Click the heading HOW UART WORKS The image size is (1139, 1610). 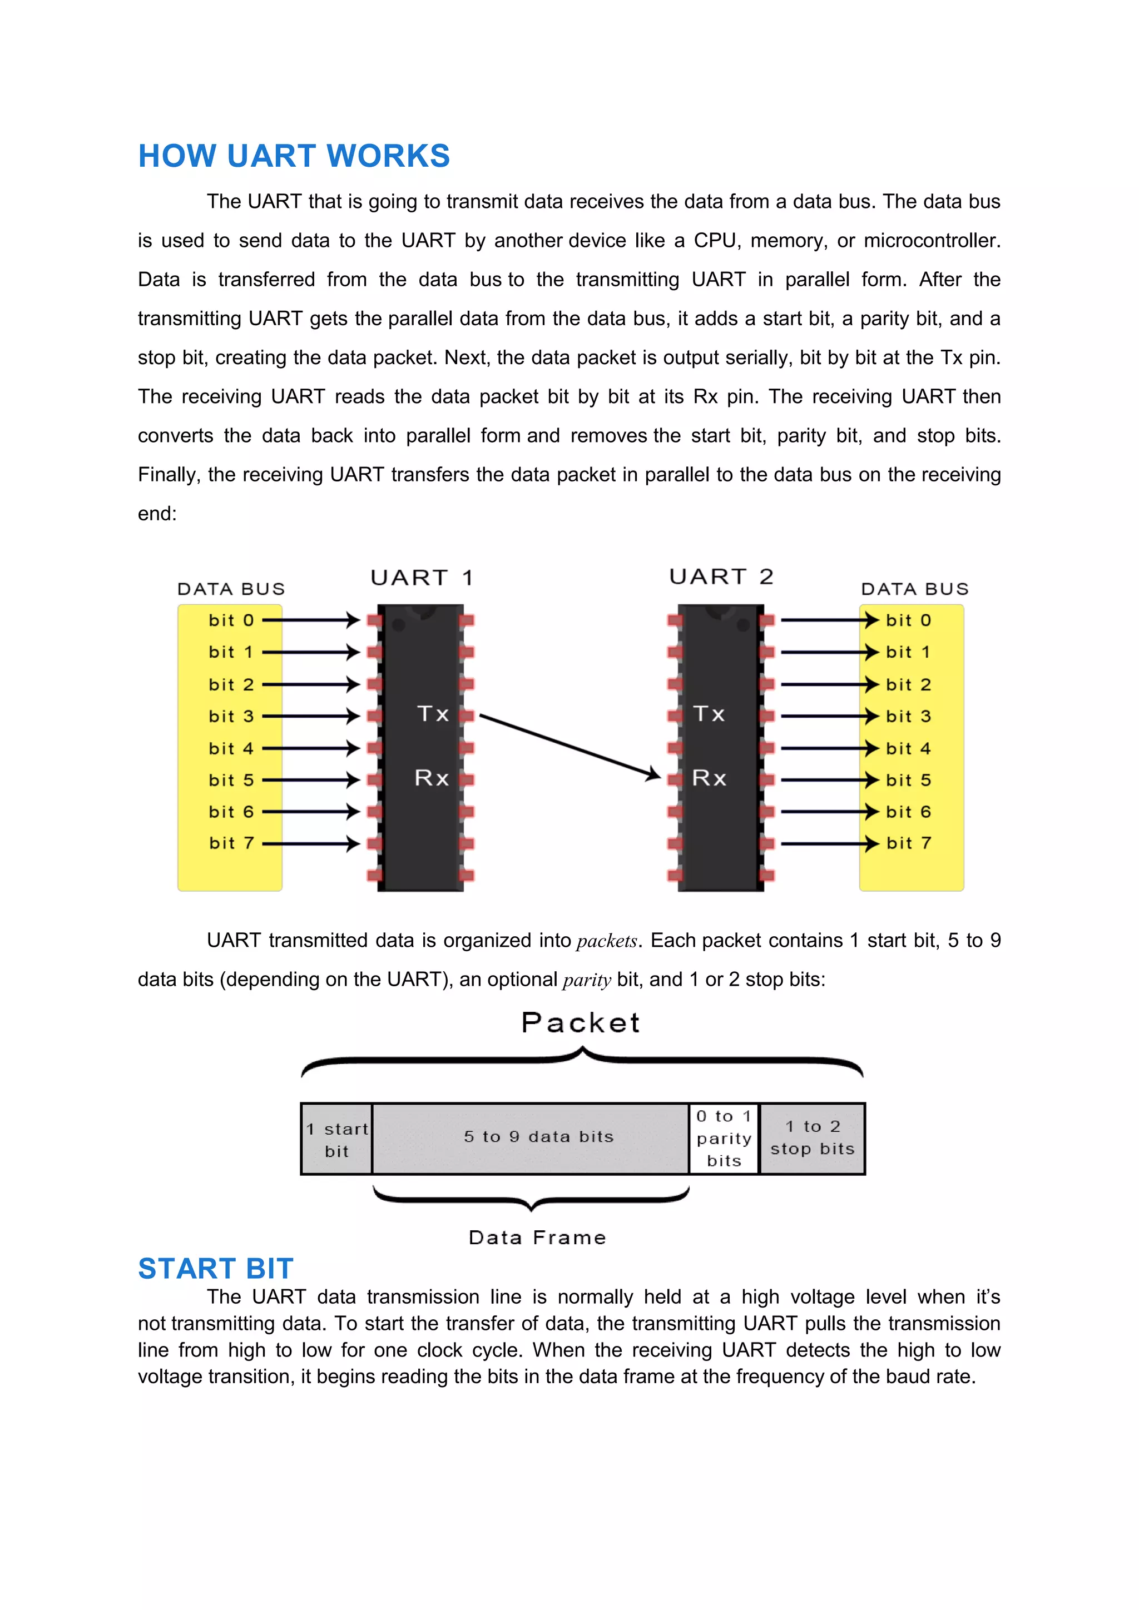(294, 156)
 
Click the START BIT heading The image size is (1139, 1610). (215, 1269)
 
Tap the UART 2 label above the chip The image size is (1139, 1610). (721, 577)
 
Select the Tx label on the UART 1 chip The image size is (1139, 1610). (433, 714)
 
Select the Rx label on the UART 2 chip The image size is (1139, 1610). (709, 778)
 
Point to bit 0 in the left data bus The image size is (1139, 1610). (231, 620)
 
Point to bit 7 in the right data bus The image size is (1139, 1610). (908, 843)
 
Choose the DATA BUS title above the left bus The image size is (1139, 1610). (231, 589)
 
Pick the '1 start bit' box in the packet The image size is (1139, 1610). (336, 1140)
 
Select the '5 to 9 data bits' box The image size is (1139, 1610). (538, 1137)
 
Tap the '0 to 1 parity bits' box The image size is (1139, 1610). (724, 1138)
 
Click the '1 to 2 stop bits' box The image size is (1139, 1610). (812, 1137)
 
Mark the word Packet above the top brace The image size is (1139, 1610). (581, 1023)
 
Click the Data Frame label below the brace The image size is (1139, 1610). (537, 1238)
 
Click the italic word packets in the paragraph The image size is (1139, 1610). (607, 941)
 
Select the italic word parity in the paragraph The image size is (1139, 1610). (586, 980)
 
